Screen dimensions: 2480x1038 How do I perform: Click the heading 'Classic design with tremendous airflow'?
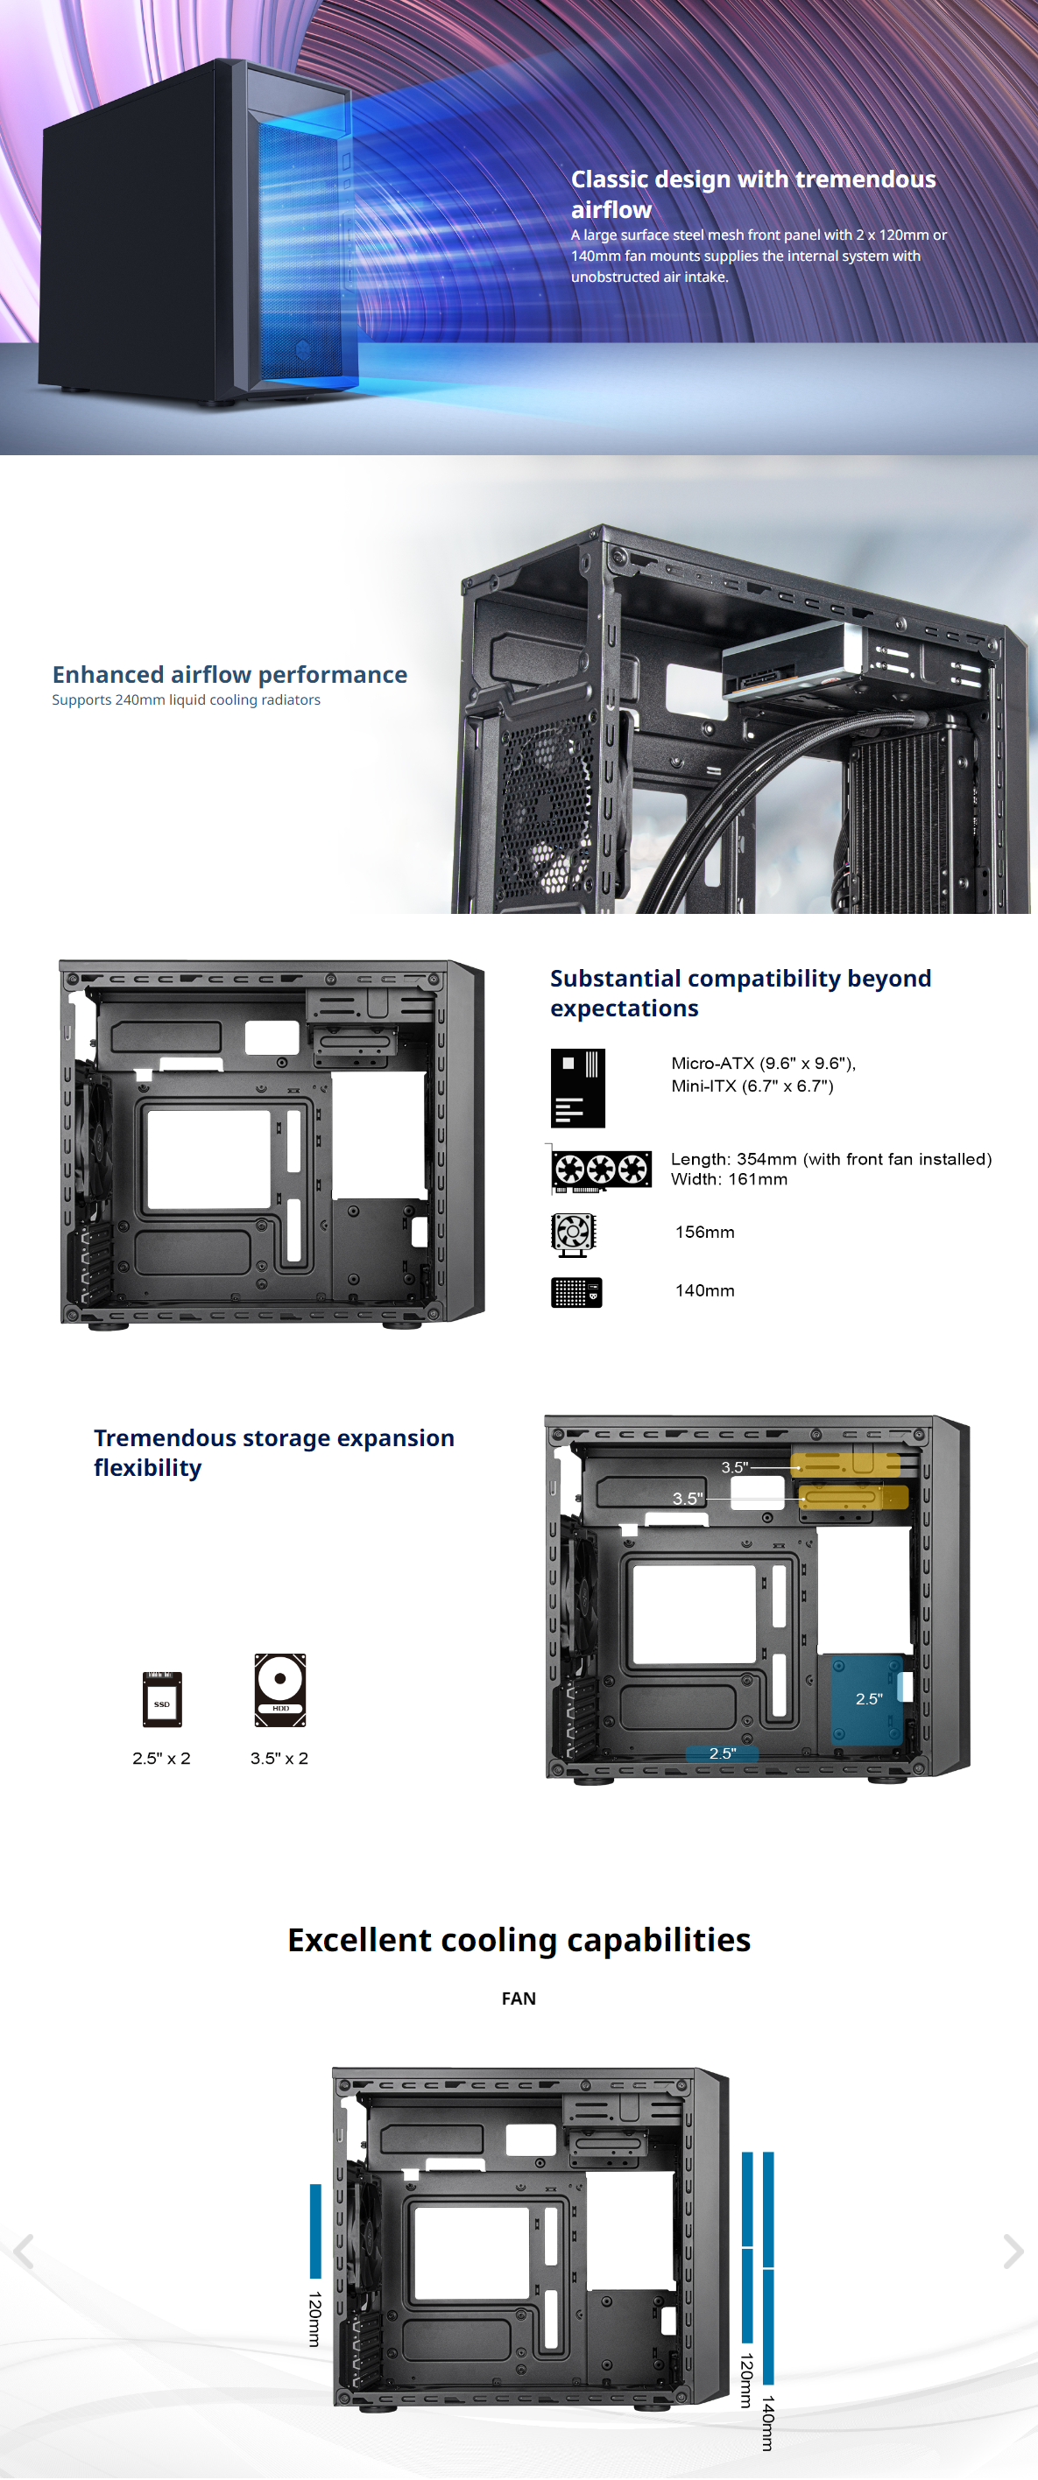click(x=752, y=193)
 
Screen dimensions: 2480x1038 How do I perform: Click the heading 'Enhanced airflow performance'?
click(x=229, y=674)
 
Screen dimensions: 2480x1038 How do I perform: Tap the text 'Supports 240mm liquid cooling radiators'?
click(x=186, y=700)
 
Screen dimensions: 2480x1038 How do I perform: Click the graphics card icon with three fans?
click(x=601, y=1169)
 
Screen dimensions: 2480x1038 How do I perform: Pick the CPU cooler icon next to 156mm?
click(x=573, y=1233)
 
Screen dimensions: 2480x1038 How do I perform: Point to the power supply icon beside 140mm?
click(x=575, y=1292)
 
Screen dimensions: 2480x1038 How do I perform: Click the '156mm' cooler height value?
click(x=704, y=1233)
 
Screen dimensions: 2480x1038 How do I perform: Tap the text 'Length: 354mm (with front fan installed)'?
click(x=830, y=1159)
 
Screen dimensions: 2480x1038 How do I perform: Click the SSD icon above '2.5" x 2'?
click(x=162, y=1699)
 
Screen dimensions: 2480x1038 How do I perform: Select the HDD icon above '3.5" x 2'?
click(x=280, y=1690)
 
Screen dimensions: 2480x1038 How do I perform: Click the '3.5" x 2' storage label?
click(x=279, y=1758)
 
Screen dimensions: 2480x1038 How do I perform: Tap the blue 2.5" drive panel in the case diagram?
click(x=866, y=1699)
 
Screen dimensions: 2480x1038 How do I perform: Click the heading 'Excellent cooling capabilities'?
click(x=519, y=1939)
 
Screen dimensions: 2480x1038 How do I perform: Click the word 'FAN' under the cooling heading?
click(x=518, y=1999)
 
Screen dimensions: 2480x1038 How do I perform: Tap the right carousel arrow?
click(x=1012, y=2251)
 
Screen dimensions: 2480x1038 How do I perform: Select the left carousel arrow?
click(x=24, y=2251)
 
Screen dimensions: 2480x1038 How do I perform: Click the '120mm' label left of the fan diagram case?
click(x=314, y=2318)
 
